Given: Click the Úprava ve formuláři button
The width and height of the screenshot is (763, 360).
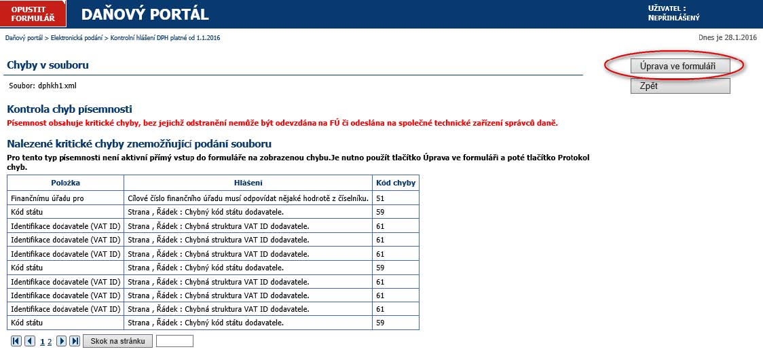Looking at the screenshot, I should pyautogui.click(x=680, y=66).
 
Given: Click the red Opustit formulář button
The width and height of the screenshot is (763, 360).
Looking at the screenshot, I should pyautogui.click(x=33, y=13).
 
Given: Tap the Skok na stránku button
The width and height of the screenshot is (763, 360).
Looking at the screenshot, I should pyautogui.click(x=117, y=341).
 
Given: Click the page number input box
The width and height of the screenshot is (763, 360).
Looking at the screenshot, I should pyautogui.click(x=174, y=341).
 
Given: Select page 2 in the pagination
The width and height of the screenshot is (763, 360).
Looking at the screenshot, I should pyautogui.click(x=50, y=342).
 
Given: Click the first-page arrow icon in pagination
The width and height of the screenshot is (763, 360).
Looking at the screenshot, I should pyautogui.click(x=16, y=341).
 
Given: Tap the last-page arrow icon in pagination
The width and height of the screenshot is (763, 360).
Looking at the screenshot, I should pyautogui.click(x=75, y=341).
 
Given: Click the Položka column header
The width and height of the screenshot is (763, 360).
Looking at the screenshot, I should pyautogui.click(x=65, y=183).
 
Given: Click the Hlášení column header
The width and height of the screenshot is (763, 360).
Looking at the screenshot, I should pyautogui.click(x=248, y=183).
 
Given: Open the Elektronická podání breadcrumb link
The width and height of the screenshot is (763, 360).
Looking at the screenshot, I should pyautogui.click(x=77, y=37).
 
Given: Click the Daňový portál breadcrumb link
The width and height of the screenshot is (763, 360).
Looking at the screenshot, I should pyautogui.click(x=24, y=37).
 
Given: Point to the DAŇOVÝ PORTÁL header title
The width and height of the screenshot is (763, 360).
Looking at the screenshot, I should pyautogui.click(x=145, y=14).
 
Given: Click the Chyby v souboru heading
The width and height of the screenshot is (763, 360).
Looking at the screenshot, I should pyautogui.click(x=48, y=65).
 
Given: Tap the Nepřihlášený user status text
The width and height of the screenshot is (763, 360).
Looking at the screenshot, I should pyautogui.click(x=674, y=18).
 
